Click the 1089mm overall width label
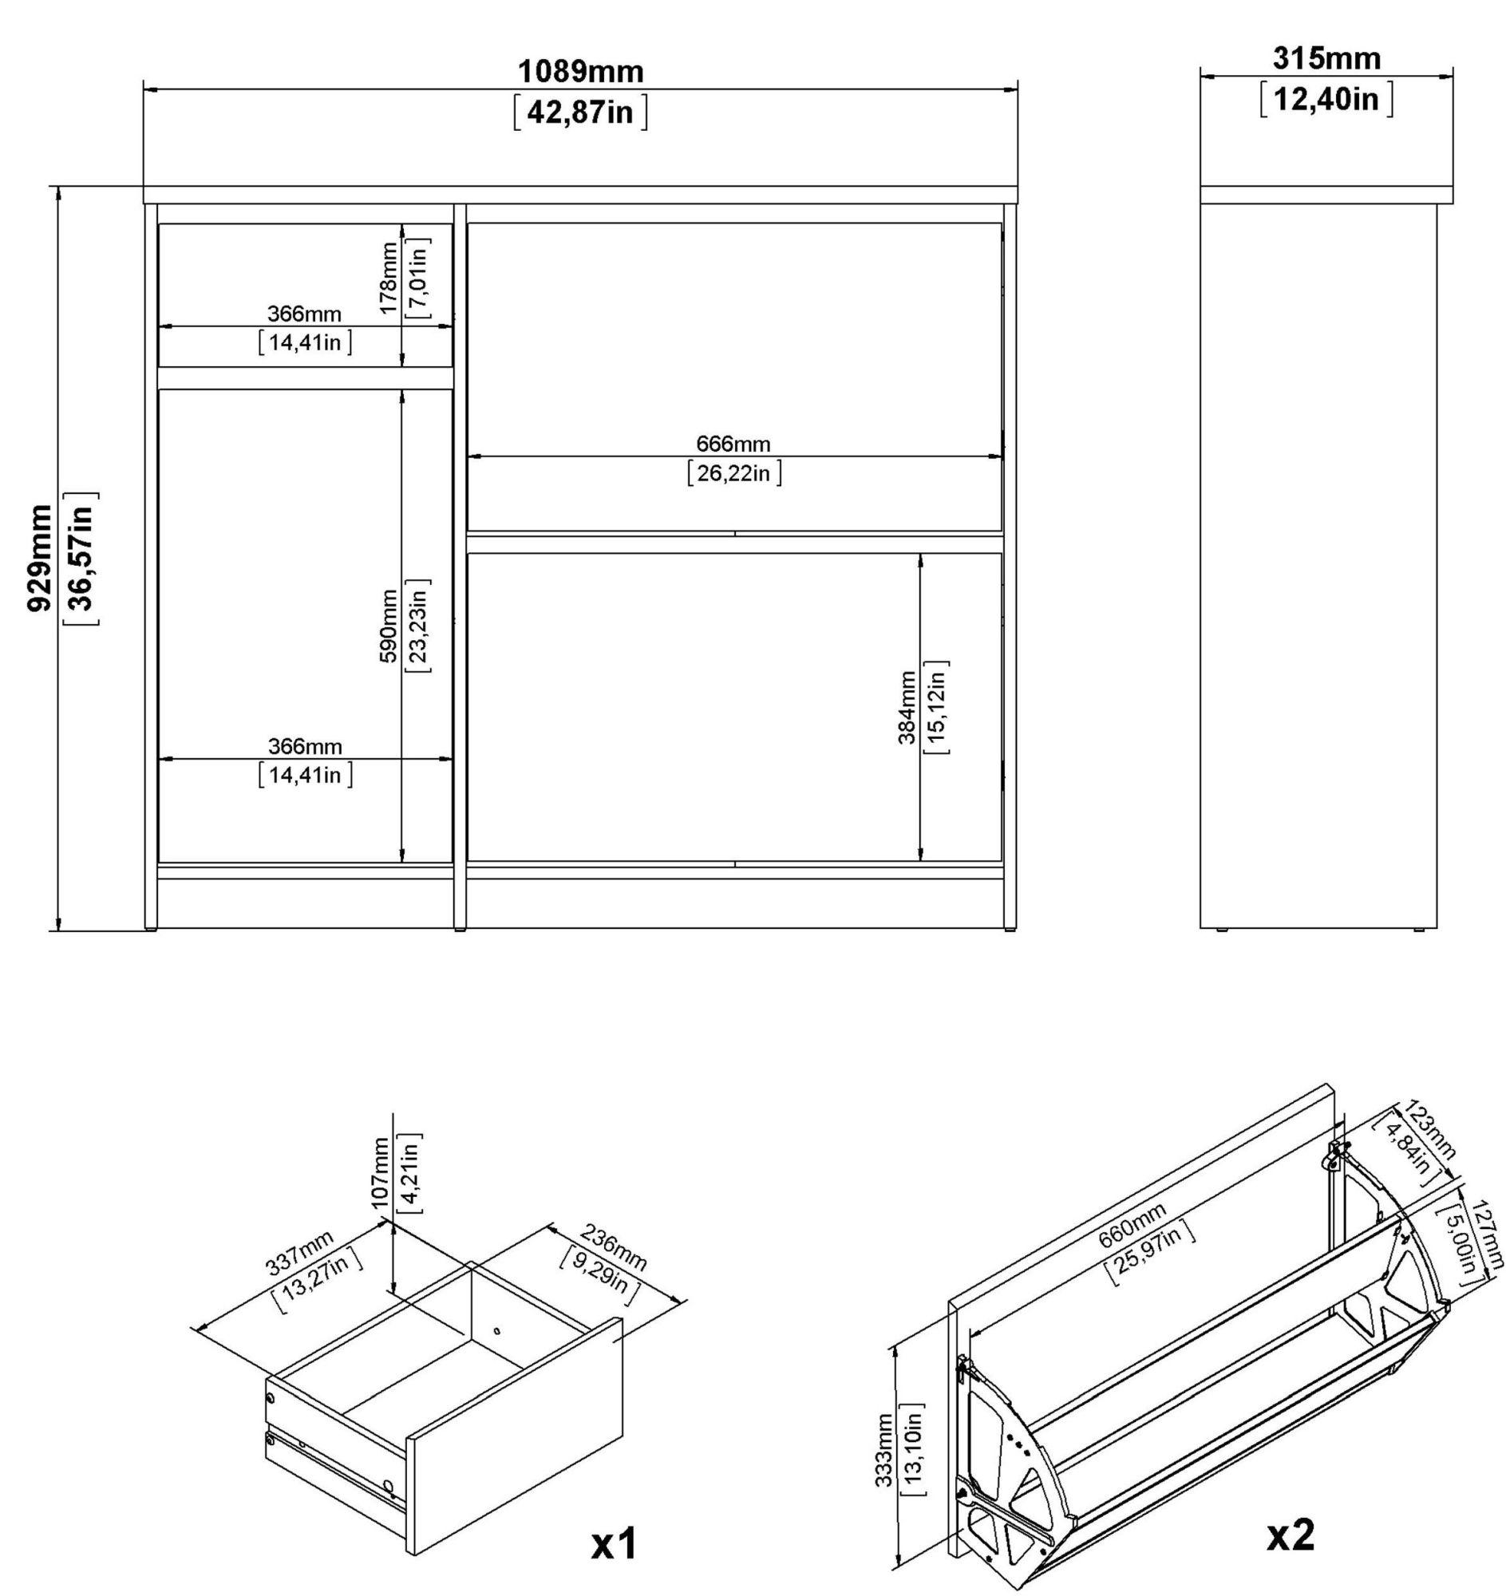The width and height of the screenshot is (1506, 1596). click(579, 73)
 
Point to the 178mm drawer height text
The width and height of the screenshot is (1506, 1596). click(389, 279)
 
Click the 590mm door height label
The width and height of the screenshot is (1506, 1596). click(389, 626)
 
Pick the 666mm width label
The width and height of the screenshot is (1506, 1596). click(733, 444)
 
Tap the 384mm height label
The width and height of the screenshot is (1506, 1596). click(907, 707)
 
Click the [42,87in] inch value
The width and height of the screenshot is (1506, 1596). click(579, 113)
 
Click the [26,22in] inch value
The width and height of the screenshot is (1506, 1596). click(733, 474)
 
